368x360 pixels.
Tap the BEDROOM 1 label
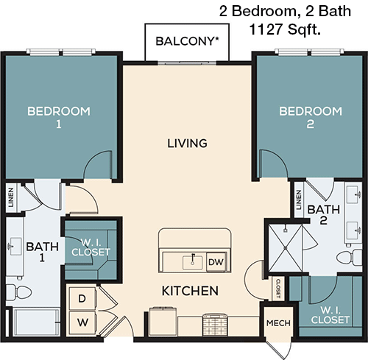(58, 118)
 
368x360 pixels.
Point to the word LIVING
(186, 143)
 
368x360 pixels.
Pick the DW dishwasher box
(215, 261)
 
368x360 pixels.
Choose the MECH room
(278, 323)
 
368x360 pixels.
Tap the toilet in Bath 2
(347, 258)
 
